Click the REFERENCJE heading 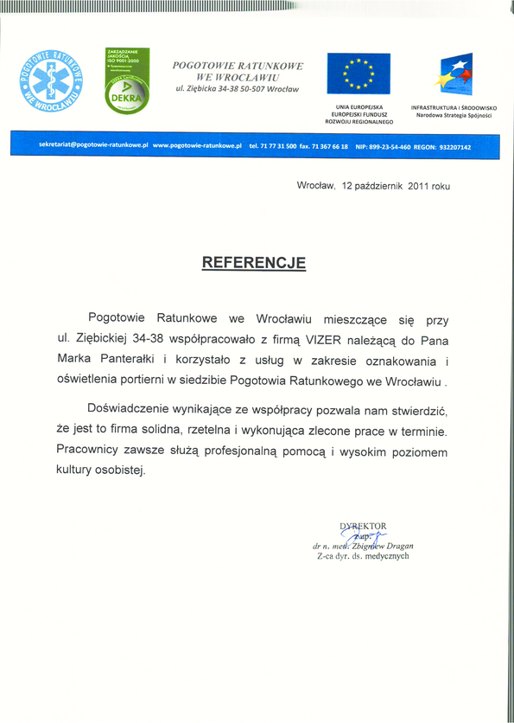254,261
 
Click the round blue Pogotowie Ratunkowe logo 54,82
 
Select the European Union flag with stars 359,74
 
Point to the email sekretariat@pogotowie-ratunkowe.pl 94,146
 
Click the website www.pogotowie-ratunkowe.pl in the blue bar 196,146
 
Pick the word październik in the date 380,186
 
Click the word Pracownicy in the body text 87,451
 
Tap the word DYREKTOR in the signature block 363,526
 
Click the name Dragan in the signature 396,546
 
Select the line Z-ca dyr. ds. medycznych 363,556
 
